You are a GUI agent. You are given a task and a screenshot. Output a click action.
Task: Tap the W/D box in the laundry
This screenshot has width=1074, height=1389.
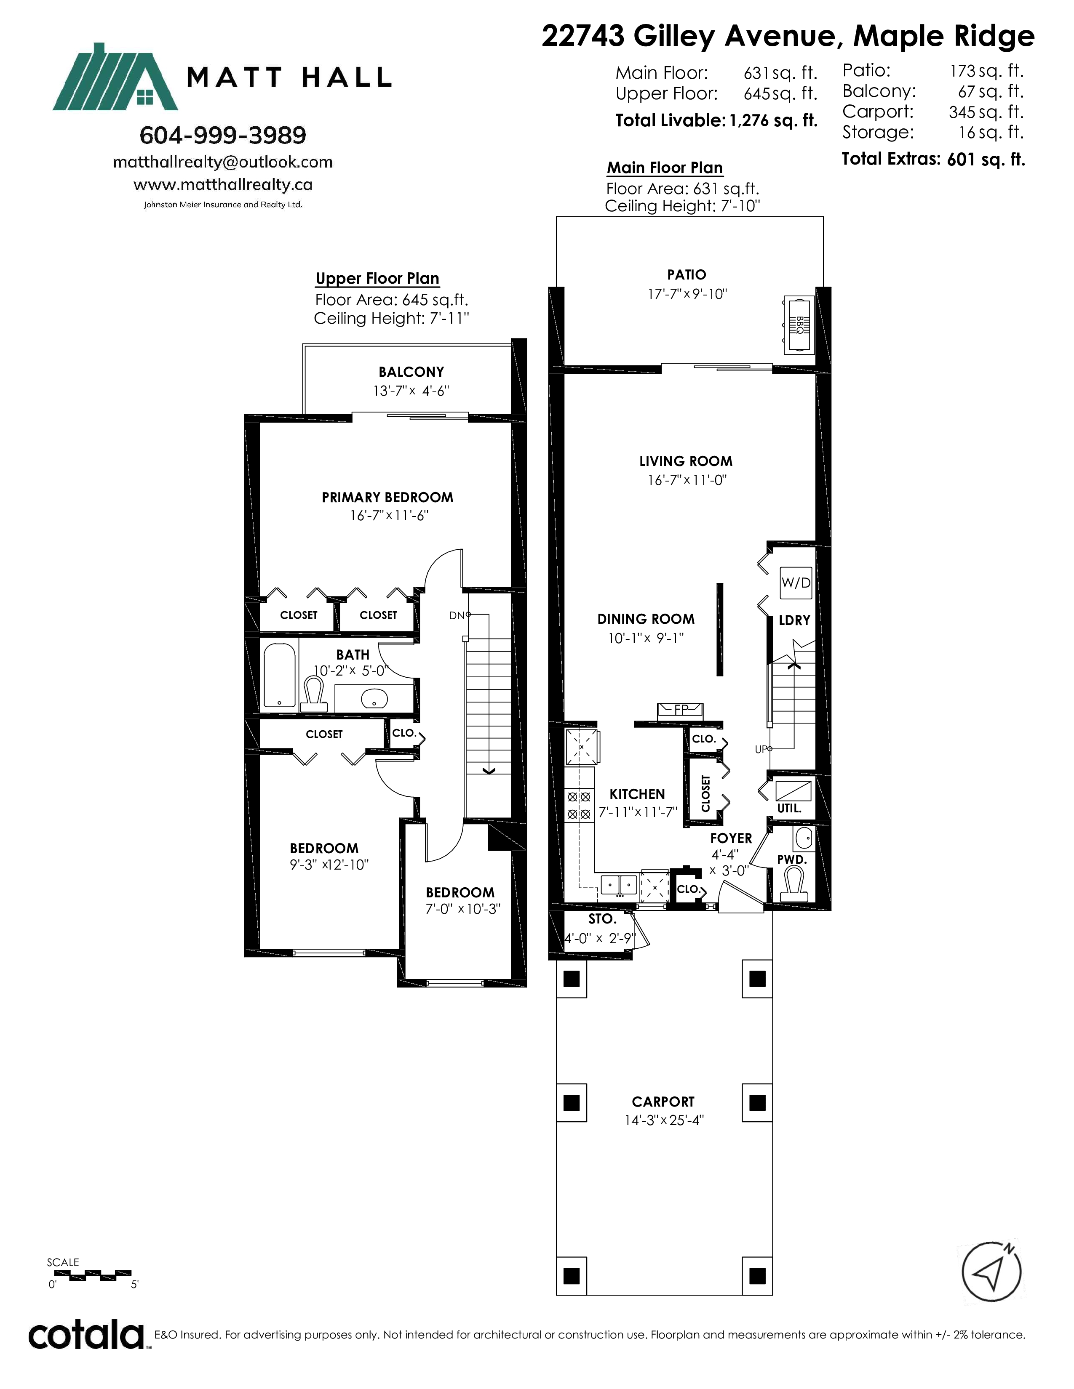tap(796, 583)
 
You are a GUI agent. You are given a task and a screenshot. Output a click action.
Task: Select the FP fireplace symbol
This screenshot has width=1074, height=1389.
tap(681, 710)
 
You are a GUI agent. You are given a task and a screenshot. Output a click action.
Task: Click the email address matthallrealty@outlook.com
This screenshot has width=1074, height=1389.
tap(223, 162)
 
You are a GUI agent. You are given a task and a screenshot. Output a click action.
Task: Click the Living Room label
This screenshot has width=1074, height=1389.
tap(686, 461)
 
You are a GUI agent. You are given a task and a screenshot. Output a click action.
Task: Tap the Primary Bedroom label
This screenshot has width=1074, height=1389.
tap(387, 498)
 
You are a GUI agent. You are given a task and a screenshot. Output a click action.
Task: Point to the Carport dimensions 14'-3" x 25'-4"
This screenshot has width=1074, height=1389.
tap(664, 1120)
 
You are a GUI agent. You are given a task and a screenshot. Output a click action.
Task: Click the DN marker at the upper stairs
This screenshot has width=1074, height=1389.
tap(457, 615)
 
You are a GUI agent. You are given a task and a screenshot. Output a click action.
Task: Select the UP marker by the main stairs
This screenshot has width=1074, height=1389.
tap(761, 749)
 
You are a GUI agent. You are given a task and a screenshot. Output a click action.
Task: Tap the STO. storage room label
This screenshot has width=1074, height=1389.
tap(602, 918)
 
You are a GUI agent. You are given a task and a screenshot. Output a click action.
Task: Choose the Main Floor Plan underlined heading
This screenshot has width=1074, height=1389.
tap(665, 168)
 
